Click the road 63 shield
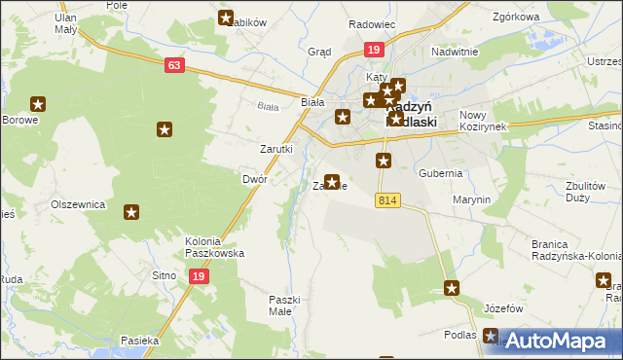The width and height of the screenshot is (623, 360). click(x=174, y=65)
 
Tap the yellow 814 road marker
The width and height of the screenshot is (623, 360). click(x=387, y=200)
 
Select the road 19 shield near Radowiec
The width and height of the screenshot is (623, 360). click(x=374, y=50)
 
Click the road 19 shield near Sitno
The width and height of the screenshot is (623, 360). click(x=198, y=276)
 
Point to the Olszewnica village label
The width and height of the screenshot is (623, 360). click(x=78, y=205)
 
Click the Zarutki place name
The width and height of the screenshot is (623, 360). click(x=275, y=149)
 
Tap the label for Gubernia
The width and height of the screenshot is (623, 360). click(x=440, y=173)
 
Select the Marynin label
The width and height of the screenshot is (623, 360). click(x=471, y=199)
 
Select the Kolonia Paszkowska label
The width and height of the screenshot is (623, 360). click(x=214, y=247)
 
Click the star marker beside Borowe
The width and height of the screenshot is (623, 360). click(x=39, y=104)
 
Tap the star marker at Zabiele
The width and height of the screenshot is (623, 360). click(x=332, y=182)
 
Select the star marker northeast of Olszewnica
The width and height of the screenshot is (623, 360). click(x=131, y=210)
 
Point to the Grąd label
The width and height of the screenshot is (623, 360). click(x=319, y=52)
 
